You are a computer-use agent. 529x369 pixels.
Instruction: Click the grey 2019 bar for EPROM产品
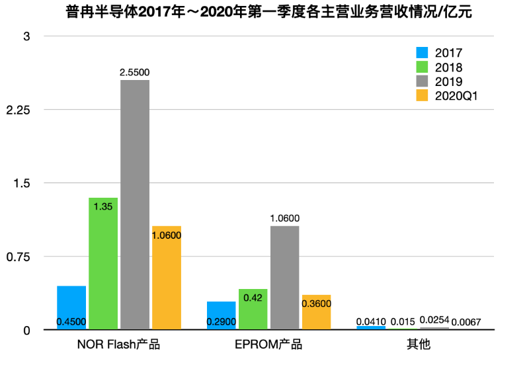pos(284,277)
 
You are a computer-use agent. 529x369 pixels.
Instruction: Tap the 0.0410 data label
pos(371,321)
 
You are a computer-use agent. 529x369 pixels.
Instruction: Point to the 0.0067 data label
pos(466,322)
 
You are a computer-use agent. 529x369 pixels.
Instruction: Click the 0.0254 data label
pos(434,321)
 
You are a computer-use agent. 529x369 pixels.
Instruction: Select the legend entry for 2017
pos(440,53)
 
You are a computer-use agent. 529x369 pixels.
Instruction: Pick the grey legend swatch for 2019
pos(423,81)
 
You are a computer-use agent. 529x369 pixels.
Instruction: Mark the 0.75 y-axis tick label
pos(17,257)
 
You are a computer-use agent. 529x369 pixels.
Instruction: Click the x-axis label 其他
pos(418,345)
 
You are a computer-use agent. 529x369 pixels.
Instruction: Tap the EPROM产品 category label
pos(268,345)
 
